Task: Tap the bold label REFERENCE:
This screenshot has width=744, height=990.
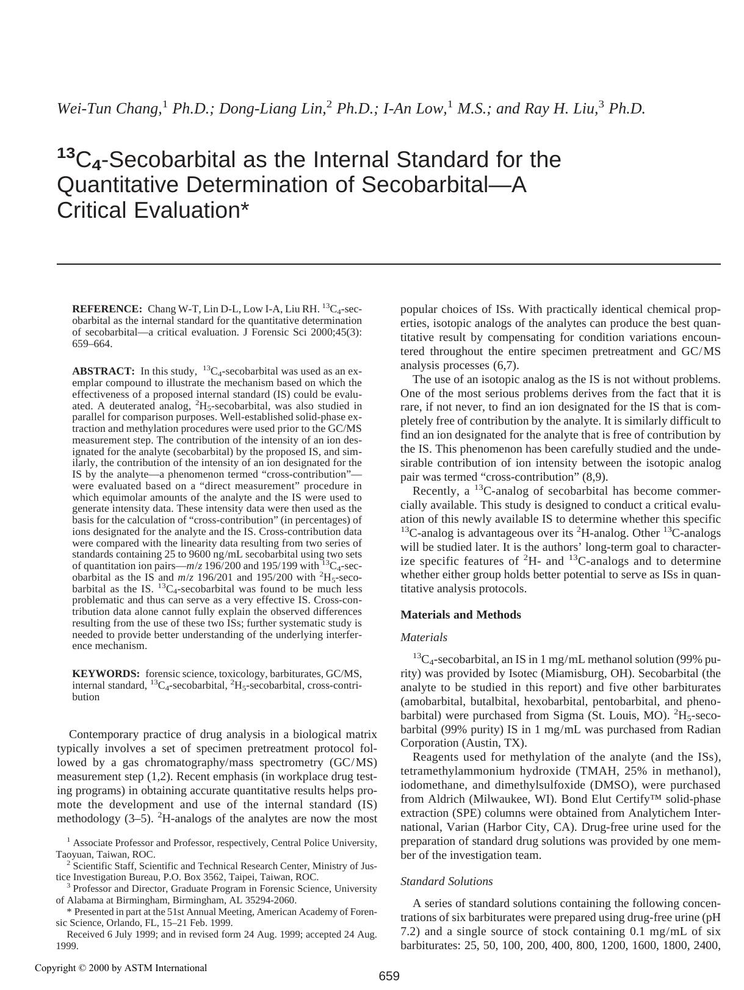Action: (107, 309)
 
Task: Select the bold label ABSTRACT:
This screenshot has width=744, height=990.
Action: (103, 371)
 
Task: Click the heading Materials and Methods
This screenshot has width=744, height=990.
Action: (460, 615)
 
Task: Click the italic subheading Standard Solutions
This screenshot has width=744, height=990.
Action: (446, 881)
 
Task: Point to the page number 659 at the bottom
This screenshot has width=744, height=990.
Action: (389, 977)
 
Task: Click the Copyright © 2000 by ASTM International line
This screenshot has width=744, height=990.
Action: (121, 968)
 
